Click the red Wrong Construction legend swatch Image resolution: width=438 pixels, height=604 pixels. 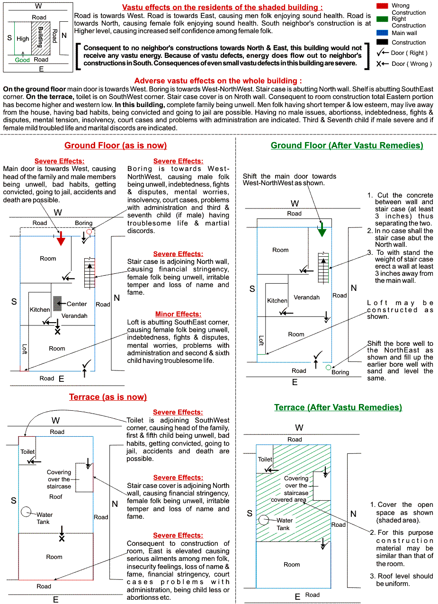[383, 6]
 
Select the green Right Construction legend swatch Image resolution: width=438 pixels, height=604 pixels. [383, 19]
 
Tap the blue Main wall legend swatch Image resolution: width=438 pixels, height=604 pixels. [383, 33]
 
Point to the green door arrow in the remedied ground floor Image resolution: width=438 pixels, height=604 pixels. [322, 231]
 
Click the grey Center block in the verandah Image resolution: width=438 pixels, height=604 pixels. [57, 303]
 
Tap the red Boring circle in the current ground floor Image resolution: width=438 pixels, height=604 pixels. [89, 231]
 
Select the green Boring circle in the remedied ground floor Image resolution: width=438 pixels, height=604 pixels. [329, 367]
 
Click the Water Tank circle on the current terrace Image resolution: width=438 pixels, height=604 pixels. [27, 512]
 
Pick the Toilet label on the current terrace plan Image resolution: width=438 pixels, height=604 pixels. [27, 452]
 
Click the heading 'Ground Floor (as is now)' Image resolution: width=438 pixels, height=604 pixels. [116, 145]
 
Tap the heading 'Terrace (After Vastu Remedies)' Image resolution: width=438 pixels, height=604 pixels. [338, 407]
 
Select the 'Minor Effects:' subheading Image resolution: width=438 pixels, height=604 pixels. [178, 314]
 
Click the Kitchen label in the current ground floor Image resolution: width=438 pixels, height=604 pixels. [40, 310]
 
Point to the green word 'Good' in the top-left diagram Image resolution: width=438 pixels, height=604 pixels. [22, 60]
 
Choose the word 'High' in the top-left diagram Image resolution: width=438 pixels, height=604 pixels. [23, 39]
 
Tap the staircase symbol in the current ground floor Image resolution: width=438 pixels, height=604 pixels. [89, 273]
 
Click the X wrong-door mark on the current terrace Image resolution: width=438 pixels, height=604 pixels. [62, 539]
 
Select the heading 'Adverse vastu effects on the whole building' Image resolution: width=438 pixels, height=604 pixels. [218, 81]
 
